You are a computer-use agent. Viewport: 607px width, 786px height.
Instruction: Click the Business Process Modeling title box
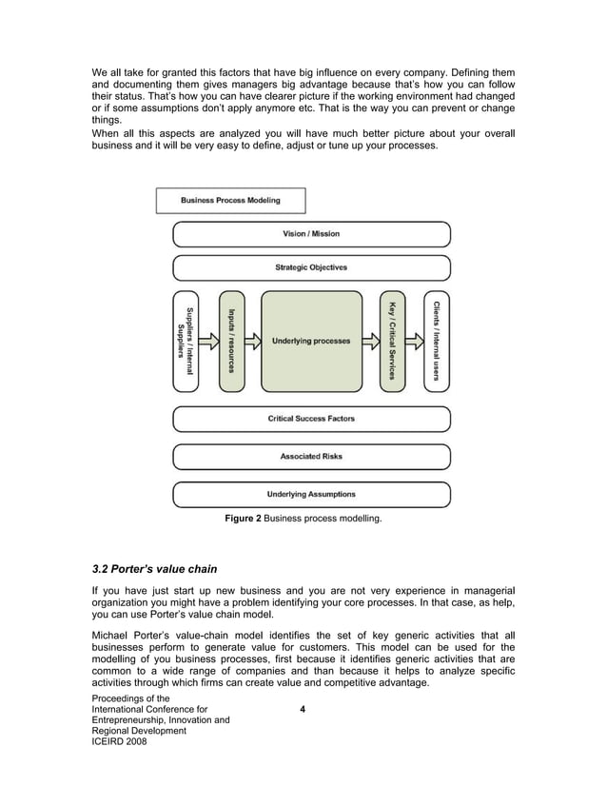click(231, 201)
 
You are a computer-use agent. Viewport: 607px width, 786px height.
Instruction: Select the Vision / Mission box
click(311, 234)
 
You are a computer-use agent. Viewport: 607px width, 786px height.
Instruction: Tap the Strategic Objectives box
click(311, 267)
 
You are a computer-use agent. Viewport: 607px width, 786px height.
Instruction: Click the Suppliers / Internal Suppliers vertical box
click(186, 342)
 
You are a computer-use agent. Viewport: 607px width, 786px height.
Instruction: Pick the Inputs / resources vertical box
click(232, 342)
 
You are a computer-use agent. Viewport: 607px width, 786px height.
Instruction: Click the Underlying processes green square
click(311, 341)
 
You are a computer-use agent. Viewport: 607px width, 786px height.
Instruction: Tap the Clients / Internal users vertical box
click(437, 342)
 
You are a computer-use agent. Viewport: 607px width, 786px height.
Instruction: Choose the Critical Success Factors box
click(311, 420)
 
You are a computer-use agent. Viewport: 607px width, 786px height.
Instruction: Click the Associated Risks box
click(311, 457)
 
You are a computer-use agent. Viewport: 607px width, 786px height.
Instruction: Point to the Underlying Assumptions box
click(311, 495)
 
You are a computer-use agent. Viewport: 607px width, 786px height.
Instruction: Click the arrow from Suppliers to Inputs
click(209, 342)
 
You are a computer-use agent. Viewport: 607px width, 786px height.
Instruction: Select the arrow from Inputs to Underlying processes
click(252, 342)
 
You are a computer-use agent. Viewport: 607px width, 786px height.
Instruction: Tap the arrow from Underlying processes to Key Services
click(370, 342)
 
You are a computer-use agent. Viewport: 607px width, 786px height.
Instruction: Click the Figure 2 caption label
click(243, 519)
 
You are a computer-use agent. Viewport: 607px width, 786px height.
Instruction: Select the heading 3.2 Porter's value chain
click(154, 570)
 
